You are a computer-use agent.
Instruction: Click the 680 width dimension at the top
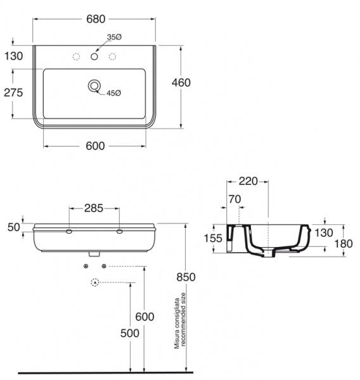point(96,19)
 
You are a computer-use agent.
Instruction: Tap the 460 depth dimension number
point(181,82)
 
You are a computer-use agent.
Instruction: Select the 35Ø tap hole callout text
point(114,37)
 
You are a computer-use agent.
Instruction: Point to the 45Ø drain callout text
point(113,93)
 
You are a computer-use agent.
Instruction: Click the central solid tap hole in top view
point(94,56)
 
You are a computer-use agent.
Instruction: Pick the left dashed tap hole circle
point(76,56)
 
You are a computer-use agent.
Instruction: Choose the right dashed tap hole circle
point(112,56)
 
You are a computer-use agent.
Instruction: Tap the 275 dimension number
point(13,92)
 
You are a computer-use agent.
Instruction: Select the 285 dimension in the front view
point(94,208)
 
